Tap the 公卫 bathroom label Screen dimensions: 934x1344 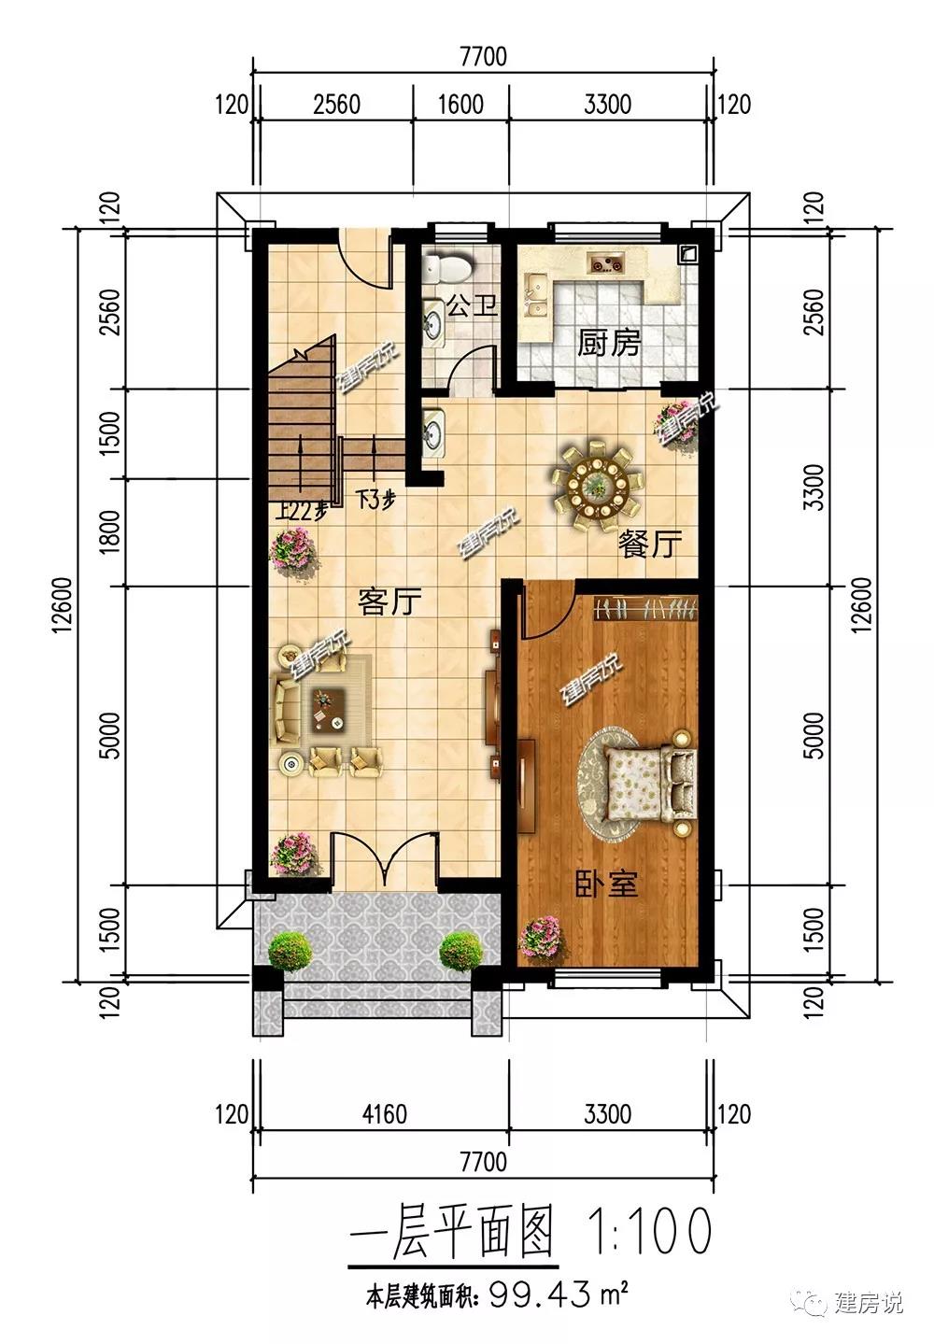tap(472, 304)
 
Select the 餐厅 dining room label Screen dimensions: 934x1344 tap(650, 544)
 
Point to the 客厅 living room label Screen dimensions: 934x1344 tap(389, 601)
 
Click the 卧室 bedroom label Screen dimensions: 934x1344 tap(606, 884)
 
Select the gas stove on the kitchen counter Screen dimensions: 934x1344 tap(606, 262)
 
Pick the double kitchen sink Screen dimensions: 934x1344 tap(536, 294)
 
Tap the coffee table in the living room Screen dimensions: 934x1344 tap(328, 710)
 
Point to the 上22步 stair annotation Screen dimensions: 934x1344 tap(302, 511)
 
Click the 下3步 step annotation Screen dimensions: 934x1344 tap(375, 499)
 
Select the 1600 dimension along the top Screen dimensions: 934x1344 tap(460, 105)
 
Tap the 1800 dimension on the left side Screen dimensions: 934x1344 tap(111, 532)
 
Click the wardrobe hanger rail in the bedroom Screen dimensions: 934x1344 tap(645, 609)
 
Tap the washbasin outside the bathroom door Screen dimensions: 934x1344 tap(432, 429)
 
